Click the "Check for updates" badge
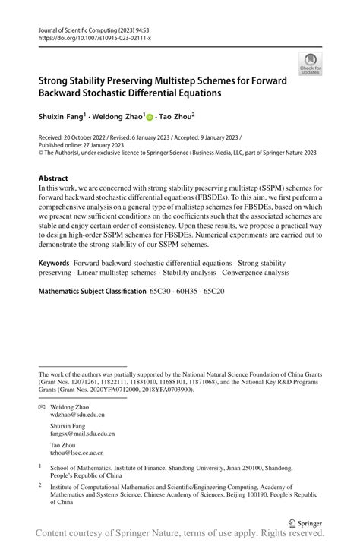tap(310, 64)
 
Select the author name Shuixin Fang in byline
tap(62, 117)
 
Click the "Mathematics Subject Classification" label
tap(92, 291)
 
